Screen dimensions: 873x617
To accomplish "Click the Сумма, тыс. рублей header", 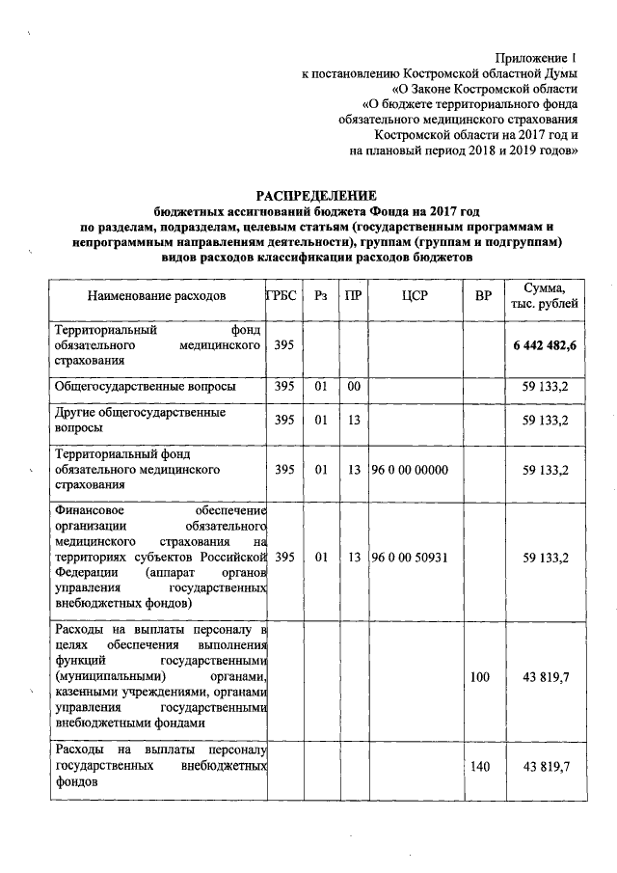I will point(545,295).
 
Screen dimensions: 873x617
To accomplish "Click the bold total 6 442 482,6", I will point(545,345).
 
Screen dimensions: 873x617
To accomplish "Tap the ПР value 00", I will point(354,386).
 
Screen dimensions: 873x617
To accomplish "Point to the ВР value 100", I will point(480,678).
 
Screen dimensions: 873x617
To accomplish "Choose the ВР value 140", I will point(480,766).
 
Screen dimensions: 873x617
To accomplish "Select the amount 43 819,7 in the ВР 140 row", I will point(545,766).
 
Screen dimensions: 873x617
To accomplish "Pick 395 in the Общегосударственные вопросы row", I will point(283,386).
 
